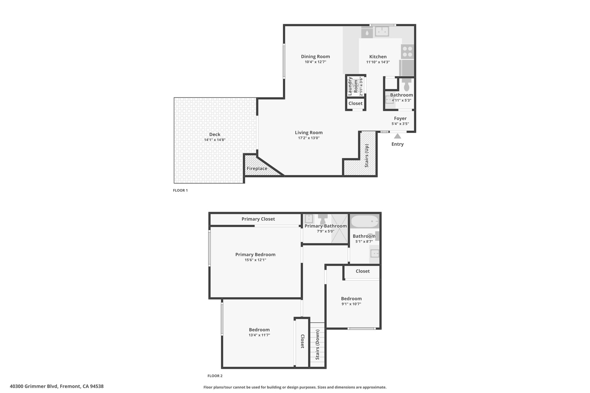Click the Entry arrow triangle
click(x=398, y=136)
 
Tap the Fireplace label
click(x=257, y=168)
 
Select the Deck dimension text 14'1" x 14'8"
click(x=215, y=140)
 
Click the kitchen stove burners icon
click(x=407, y=52)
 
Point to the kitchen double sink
click(x=382, y=31)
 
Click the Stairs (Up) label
click(x=367, y=156)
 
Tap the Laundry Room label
click(x=353, y=86)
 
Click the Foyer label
click(x=400, y=118)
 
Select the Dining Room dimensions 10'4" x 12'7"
click(x=315, y=62)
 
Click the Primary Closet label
click(x=258, y=219)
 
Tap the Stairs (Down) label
click(x=317, y=345)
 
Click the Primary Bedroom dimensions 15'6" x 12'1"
click(x=255, y=260)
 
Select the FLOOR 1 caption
click(x=180, y=190)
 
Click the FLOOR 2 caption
click(x=215, y=376)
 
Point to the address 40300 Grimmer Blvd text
click(x=34, y=386)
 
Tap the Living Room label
click(x=309, y=133)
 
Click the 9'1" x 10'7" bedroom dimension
click(x=351, y=304)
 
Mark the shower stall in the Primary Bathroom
click(x=339, y=228)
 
